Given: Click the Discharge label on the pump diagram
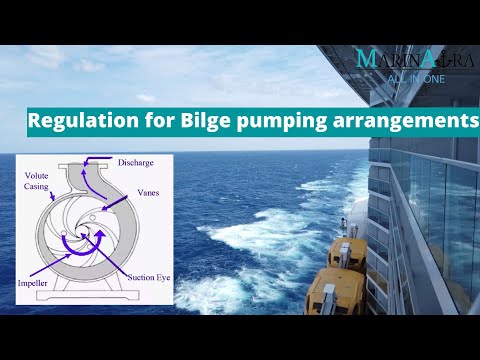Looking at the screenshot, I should click(x=135, y=162).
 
